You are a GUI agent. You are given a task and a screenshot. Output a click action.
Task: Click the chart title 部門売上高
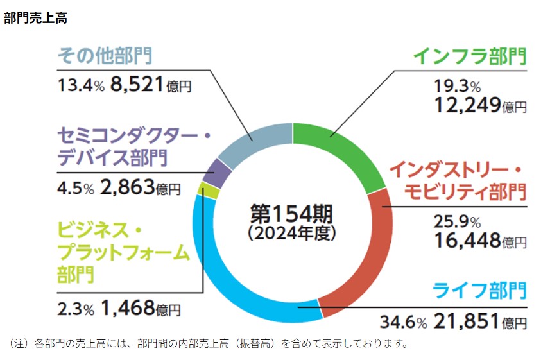35,18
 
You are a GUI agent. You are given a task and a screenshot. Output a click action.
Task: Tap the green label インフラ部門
469,56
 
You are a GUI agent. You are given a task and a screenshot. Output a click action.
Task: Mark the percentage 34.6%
403,321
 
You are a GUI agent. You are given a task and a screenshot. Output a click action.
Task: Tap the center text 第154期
292,212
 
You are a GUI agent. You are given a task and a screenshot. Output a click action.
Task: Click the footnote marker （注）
21,343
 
